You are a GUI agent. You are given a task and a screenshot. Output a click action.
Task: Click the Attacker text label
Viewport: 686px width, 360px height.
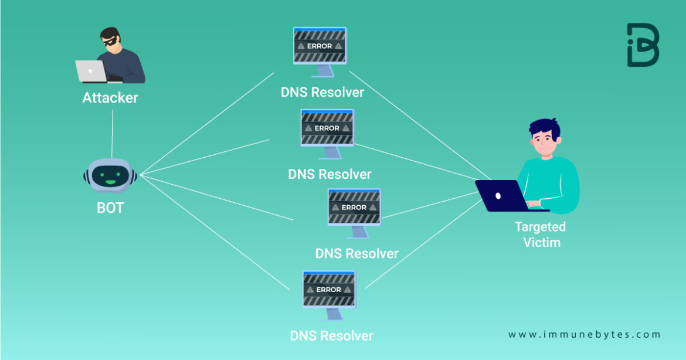(110, 97)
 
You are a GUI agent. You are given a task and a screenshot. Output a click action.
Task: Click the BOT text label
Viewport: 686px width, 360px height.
(110, 208)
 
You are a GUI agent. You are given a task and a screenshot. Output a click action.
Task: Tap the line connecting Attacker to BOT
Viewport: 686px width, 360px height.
(112, 132)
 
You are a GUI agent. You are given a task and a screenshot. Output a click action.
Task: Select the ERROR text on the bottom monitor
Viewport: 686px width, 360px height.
(328, 290)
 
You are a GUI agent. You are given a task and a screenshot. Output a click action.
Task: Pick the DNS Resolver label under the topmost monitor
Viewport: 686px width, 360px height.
(322, 92)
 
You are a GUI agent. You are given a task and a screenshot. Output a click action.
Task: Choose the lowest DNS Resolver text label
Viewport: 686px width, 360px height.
(331, 336)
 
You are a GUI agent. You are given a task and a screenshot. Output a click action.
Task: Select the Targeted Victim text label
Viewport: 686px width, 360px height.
(540, 234)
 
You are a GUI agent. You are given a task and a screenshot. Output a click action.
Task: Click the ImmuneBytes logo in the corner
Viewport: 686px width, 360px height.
(643, 45)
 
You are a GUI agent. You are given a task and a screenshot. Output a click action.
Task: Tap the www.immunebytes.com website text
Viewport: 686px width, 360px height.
(584, 335)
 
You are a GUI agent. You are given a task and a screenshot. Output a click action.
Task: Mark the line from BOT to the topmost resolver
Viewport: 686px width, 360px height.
(205, 124)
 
